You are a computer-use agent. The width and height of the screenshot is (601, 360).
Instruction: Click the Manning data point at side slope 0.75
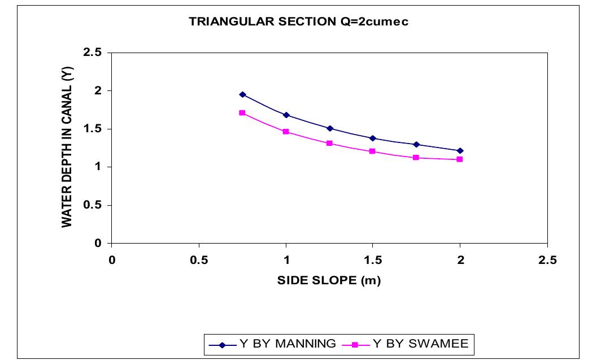(242, 94)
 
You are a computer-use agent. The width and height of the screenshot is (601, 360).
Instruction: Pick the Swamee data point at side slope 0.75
(242, 113)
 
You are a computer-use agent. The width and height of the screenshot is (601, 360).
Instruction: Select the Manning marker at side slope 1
(286, 115)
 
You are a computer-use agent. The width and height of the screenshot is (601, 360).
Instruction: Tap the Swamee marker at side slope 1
(286, 132)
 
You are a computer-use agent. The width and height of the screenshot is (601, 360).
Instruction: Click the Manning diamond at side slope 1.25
(330, 128)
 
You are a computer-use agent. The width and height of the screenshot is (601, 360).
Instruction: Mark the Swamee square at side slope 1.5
(373, 151)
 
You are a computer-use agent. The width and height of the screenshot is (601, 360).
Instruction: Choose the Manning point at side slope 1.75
(416, 144)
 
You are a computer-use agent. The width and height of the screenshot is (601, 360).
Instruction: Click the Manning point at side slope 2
(460, 150)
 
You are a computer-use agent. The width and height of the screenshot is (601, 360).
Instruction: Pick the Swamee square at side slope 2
(460, 159)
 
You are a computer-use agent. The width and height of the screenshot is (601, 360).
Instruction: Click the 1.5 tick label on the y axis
(93, 129)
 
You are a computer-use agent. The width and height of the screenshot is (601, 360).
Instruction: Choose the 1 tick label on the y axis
(99, 167)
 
